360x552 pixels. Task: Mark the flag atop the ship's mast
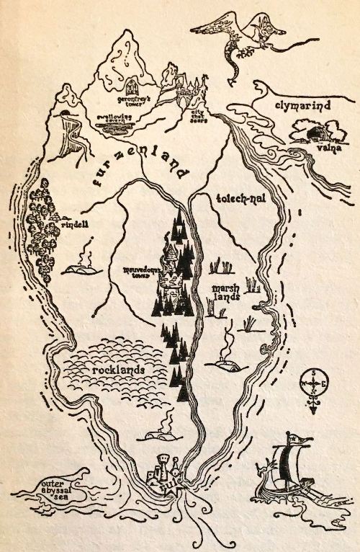[x=295, y=438]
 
